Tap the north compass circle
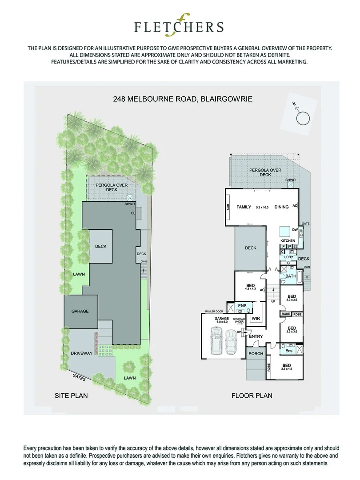(x=303, y=118)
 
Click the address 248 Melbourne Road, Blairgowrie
(x=183, y=99)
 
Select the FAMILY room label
(x=244, y=207)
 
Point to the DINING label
(x=281, y=207)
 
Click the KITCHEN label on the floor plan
(x=288, y=240)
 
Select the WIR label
(x=256, y=319)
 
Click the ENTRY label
(x=256, y=336)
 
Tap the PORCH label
(x=256, y=354)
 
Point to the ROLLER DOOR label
(x=213, y=311)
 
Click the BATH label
(x=291, y=276)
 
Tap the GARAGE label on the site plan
(x=80, y=311)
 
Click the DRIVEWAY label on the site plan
(x=81, y=353)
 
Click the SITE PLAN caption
(x=71, y=395)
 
